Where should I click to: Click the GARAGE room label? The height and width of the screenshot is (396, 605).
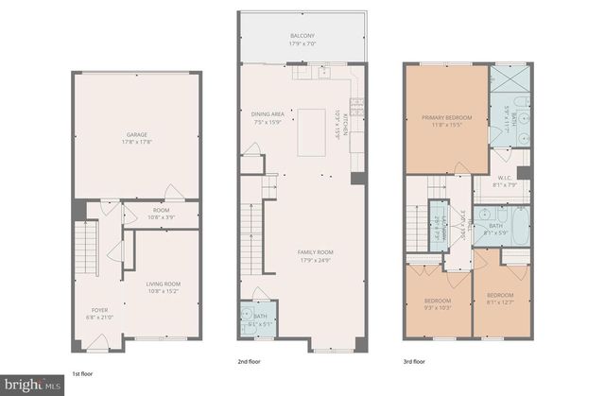pyautogui.click(x=137, y=135)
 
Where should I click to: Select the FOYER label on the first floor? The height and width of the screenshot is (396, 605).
pyautogui.click(x=99, y=310)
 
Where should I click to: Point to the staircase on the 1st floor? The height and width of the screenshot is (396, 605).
pyautogui.click(x=86, y=247)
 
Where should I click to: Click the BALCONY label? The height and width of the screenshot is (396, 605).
pyautogui.click(x=302, y=36)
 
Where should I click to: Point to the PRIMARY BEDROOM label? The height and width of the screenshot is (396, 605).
pyautogui.click(x=446, y=118)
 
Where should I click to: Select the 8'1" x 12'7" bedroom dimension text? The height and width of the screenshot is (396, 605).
pyautogui.click(x=502, y=303)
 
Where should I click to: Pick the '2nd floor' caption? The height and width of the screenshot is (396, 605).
pyautogui.click(x=249, y=360)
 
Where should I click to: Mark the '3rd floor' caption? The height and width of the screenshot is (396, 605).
pyautogui.click(x=413, y=360)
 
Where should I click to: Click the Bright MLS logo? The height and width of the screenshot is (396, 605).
pyautogui.click(x=33, y=385)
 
